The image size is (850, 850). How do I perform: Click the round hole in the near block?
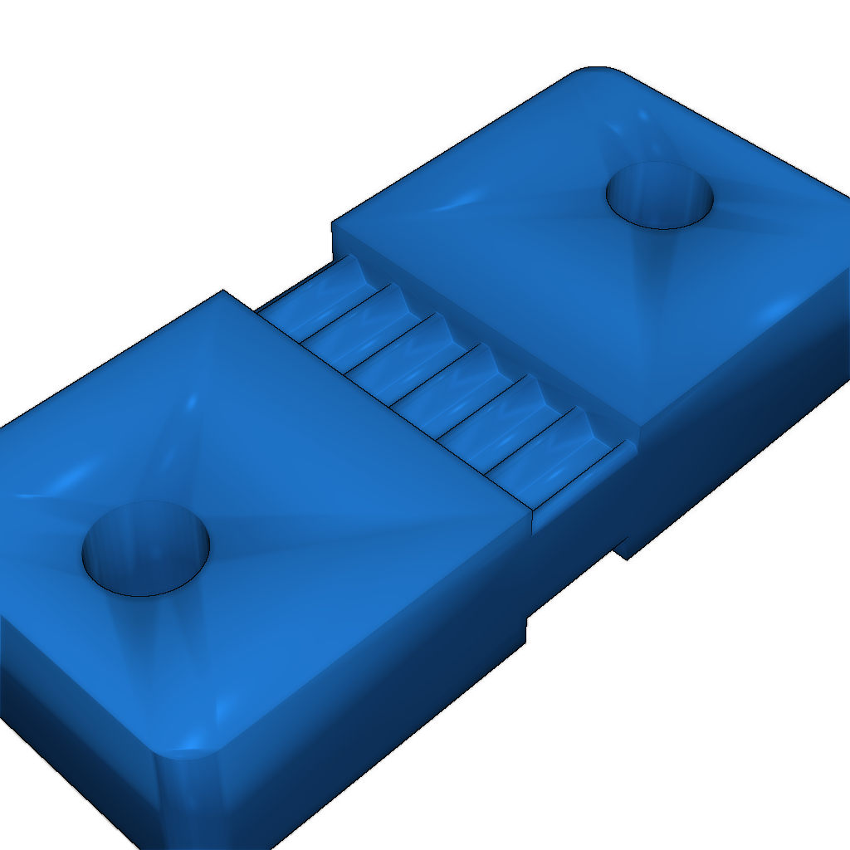[146, 550]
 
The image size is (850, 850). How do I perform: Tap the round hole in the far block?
[660, 196]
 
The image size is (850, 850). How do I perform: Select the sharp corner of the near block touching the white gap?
[223, 291]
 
